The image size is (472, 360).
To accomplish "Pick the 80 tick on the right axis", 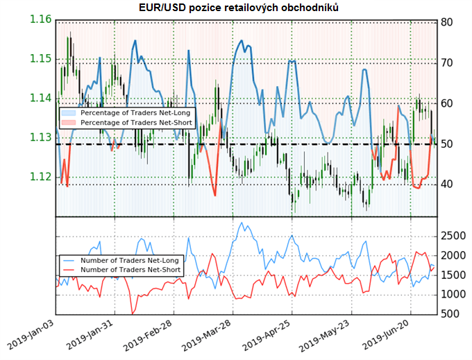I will coord(447,22).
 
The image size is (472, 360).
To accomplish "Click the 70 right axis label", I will coord(447,62).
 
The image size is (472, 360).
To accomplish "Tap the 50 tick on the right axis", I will coord(447,144).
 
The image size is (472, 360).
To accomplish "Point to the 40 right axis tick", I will coord(447,185).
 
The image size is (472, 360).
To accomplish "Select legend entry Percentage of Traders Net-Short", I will coord(128,122).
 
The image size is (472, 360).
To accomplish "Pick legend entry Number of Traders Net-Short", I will coord(124,270).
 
